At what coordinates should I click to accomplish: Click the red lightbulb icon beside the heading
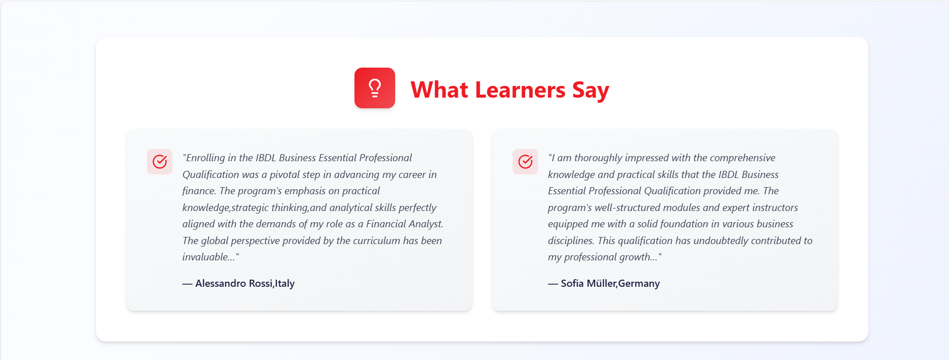tap(375, 88)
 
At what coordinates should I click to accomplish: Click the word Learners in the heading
tap(520, 90)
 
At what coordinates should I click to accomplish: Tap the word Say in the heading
tap(590, 91)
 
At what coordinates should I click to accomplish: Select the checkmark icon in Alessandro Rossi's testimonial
tap(160, 162)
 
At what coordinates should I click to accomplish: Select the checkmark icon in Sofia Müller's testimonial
tap(525, 162)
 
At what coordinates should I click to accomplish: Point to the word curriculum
tap(376, 241)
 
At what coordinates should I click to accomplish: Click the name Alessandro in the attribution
tap(221, 283)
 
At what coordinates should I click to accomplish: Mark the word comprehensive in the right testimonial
tap(743, 158)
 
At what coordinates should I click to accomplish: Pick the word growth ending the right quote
tap(636, 257)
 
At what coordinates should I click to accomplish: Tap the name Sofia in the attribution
tap(572, 283)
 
